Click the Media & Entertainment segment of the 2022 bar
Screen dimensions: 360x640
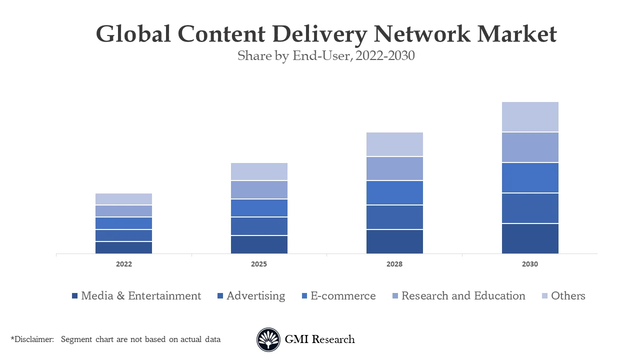click(x=123, y=247)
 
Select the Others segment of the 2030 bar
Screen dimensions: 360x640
click(x=530, y=117)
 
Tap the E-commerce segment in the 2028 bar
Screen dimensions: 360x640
click(x=394, y=192)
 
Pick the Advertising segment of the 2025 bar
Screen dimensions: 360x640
click(x=259, y=226)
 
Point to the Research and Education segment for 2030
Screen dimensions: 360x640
click(x=530, y=147)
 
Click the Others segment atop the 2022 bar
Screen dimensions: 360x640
click(x=123, y=199)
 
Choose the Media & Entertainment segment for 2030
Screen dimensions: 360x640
click(x=530, y=238)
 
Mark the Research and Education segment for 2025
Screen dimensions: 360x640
click(x=259, y=190)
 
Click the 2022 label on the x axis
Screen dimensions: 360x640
click(x=123, y=264)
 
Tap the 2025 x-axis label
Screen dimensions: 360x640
click(x=259, y=264)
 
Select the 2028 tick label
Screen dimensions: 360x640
click(x=394, y=264)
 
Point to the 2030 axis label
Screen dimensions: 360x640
click(x=530, y=264)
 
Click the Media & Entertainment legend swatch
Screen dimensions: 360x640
click(x=75, y=296)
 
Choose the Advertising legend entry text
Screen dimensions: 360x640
click(x=255, y=296)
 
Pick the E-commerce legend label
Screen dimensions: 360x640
click(x=343, y=296)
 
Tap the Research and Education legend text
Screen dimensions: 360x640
click(x=463, y=296)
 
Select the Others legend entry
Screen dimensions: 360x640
click(x=568, y=296)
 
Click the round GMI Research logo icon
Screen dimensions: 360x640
click(x=268, y=340)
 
